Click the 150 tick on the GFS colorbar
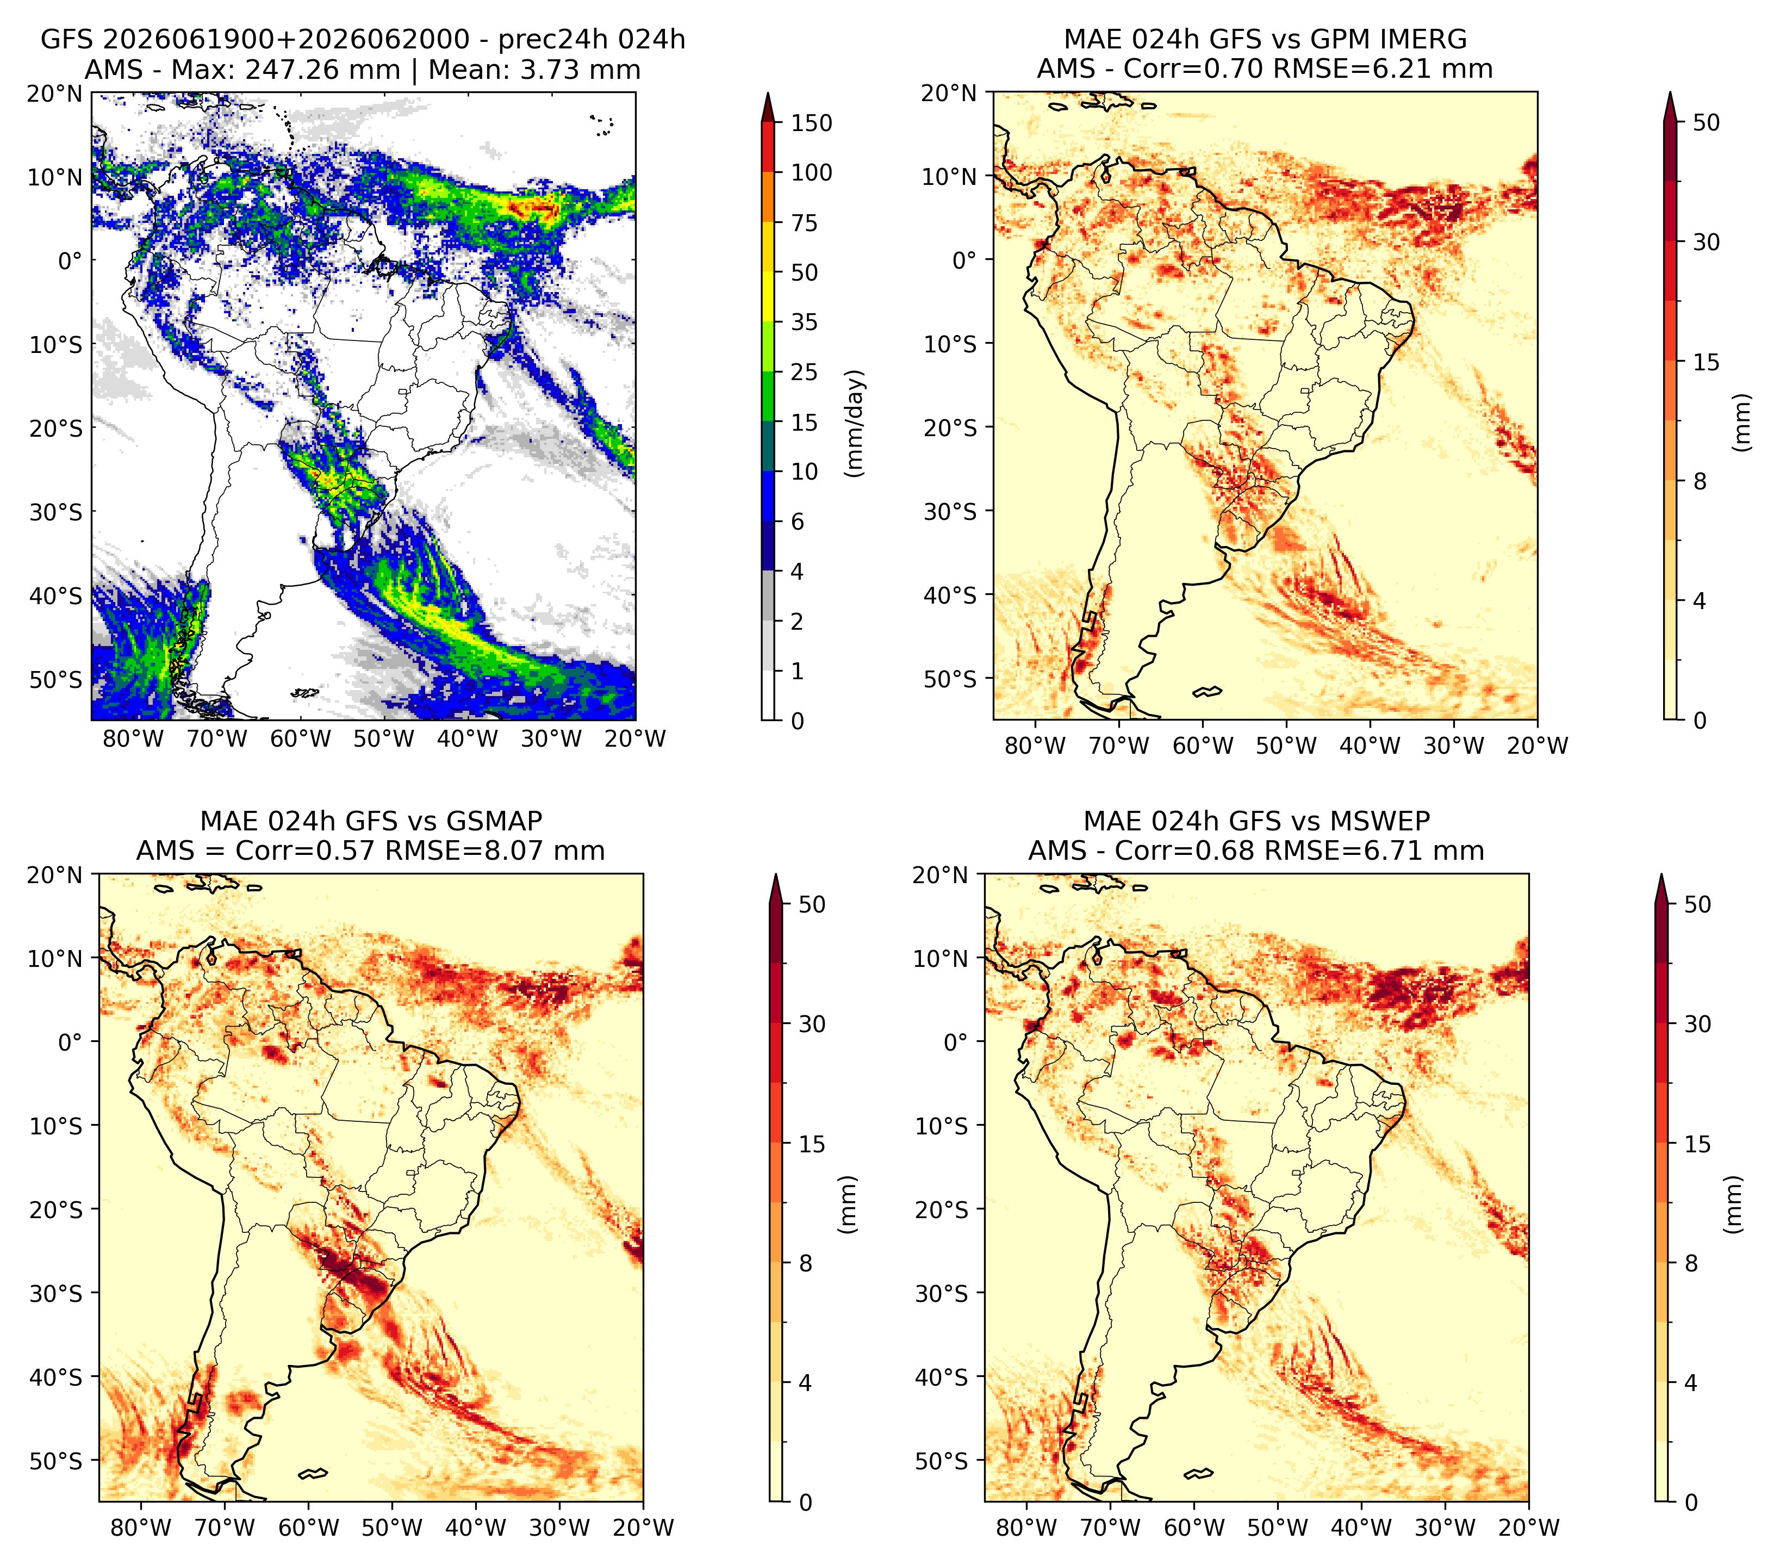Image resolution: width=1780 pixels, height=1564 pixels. (x=811, y=123)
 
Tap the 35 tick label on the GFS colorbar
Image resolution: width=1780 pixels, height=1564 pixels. (x=804, y=322)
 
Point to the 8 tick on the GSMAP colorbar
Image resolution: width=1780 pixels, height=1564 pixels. (x=805, y=1264)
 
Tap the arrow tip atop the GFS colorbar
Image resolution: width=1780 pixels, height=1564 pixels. (x=768, y=92)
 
